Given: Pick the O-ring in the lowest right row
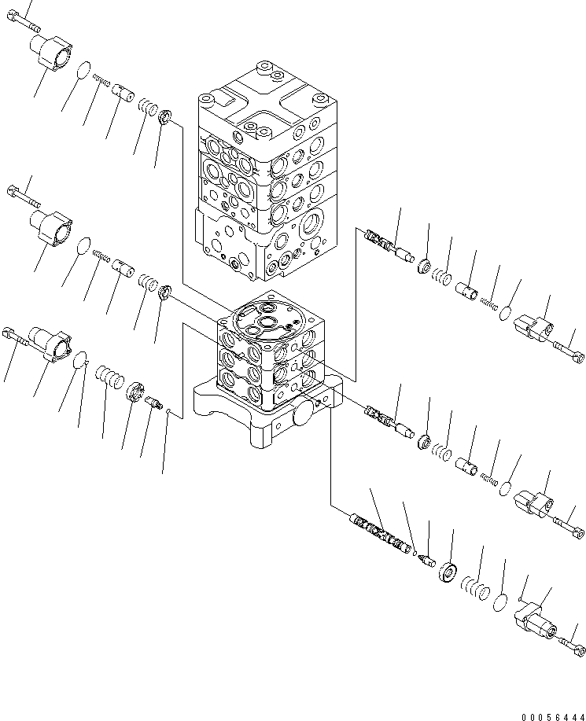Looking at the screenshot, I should (499, 603).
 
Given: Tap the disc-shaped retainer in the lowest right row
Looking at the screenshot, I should (449, 572).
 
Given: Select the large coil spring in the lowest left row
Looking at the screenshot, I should (109, 377).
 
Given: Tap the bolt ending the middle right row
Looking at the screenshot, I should (569, 520).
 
